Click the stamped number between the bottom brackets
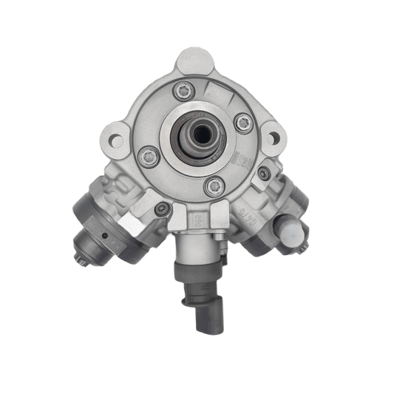(x=197, y=219)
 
